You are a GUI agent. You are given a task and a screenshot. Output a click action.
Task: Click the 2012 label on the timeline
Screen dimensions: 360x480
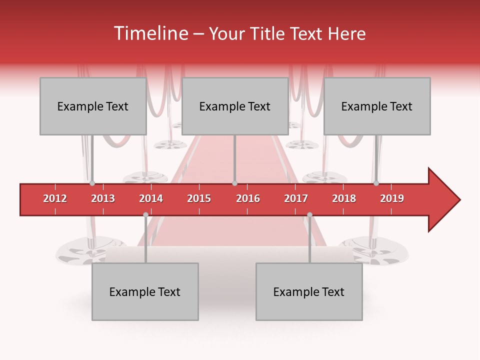55,198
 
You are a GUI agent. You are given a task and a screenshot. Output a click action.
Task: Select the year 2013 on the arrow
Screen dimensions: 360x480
103,198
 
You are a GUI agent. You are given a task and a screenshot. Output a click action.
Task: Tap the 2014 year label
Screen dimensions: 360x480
151,198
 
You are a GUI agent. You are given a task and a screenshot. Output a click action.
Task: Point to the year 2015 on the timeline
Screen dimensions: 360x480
199,198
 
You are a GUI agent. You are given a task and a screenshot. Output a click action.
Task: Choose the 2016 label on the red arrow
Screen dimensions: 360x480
248,198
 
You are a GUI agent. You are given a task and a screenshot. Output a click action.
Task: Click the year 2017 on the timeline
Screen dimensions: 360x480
296,198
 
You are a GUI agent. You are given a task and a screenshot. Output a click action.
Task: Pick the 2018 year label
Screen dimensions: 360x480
344,198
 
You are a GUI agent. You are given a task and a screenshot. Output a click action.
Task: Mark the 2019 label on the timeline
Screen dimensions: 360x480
392,198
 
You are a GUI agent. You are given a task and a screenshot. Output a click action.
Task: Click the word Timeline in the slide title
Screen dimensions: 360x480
150,33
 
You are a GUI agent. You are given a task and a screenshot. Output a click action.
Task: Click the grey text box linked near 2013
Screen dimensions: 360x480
93,106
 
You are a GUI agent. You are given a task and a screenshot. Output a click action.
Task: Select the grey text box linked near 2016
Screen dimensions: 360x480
235,106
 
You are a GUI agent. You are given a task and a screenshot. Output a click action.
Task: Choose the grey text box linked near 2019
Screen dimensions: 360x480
377,106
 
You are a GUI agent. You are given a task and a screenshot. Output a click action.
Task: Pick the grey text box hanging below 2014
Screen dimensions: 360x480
145,291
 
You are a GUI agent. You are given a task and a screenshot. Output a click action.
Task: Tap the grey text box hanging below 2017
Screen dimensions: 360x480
309,291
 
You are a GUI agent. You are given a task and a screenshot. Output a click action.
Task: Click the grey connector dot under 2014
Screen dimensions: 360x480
145,214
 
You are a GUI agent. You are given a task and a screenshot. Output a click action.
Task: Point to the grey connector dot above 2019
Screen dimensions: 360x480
376,183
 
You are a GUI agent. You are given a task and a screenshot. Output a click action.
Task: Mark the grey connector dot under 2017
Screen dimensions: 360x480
309,214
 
